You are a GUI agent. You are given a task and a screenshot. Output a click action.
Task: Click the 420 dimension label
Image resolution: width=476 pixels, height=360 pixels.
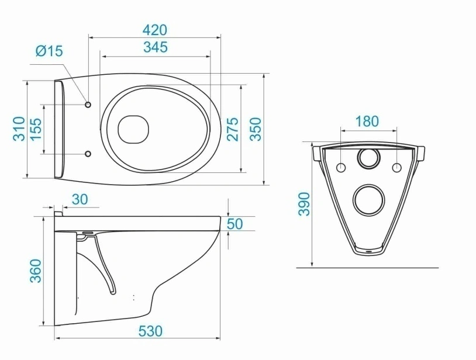[155, 30]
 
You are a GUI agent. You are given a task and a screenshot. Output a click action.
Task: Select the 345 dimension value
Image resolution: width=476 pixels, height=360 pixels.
[156, 47]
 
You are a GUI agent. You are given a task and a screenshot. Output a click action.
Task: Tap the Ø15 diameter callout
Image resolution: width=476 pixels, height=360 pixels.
[49, 51]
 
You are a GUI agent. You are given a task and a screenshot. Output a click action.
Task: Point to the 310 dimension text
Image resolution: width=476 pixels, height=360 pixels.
[19, 129]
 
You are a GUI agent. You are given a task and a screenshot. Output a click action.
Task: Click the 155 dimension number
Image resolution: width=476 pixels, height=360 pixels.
[36, 129]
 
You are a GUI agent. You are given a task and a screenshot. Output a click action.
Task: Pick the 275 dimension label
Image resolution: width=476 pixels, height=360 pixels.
[233, 129]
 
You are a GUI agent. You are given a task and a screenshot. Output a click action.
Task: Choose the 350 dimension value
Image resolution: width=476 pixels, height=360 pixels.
[256, 129]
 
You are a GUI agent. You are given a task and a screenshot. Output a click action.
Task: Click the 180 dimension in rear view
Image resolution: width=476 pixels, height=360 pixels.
[367, 122]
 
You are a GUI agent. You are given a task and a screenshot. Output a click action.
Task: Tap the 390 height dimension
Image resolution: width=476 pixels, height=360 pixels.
[304, 204]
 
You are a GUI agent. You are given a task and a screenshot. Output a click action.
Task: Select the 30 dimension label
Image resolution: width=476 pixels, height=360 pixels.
[80, 199]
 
